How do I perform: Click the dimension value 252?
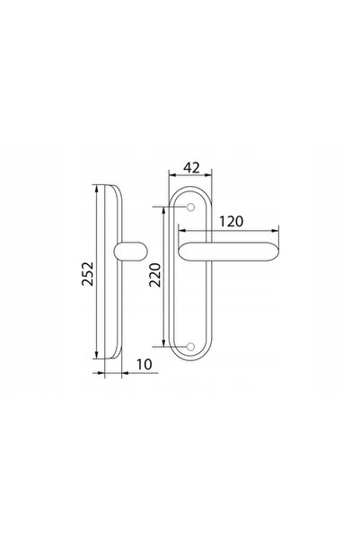click(87, 273)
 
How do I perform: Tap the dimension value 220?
click(155, 275)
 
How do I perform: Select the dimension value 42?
click(191, 168)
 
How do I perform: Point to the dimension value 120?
click(232, 221)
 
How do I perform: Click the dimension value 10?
click(145, 365)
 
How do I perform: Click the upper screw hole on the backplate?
click(190, 207)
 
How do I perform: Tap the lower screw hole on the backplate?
click(190, 347)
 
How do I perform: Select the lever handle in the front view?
click(229, 252)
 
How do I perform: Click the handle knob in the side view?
click(130, 252)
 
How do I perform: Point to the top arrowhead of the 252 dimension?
click(97, 189)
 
